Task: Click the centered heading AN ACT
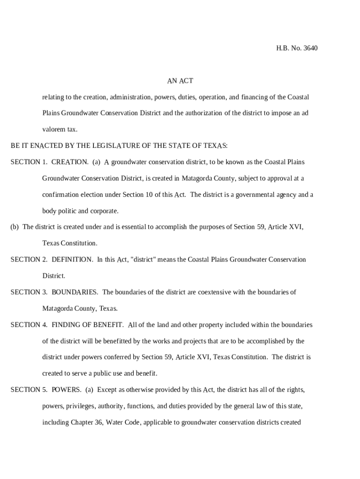click(x=180, y=81)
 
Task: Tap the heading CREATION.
click(x=70, y=162)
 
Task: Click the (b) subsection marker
click(x=14, y=227)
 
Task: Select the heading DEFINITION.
click(x=72, y=260)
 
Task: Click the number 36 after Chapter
click(x=98, y=422)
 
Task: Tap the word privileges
click(x=79, y=406)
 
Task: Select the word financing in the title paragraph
click(x=255, y=97)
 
